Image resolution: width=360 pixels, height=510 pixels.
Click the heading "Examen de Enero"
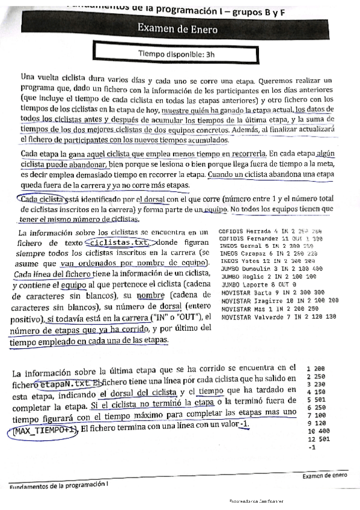pos(180,28)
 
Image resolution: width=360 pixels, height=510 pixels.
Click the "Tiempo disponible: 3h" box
pos(180,53)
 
